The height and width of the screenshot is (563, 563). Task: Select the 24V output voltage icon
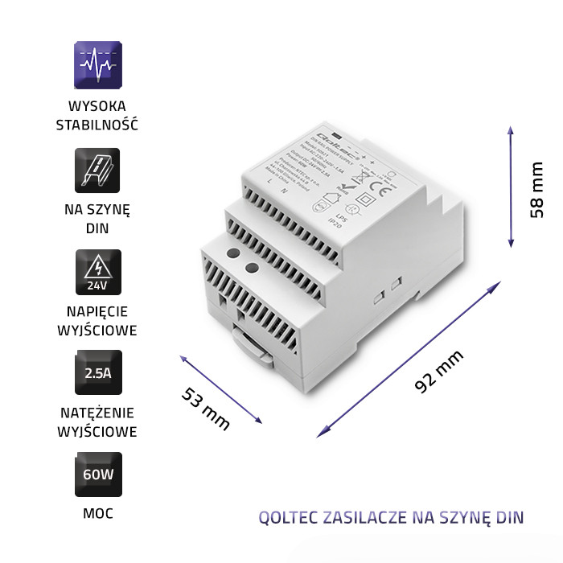(97, 272)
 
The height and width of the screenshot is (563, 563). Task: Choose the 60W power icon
(97, 475)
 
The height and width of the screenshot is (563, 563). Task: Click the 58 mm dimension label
(536, 191)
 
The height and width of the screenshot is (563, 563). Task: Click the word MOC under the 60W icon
(97, 512)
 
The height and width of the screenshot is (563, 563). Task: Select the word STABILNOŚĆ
(97, 125)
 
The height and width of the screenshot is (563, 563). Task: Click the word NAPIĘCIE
(97, 310)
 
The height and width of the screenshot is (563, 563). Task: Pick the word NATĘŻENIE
(97, 412)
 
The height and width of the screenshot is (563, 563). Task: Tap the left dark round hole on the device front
(232, 254)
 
